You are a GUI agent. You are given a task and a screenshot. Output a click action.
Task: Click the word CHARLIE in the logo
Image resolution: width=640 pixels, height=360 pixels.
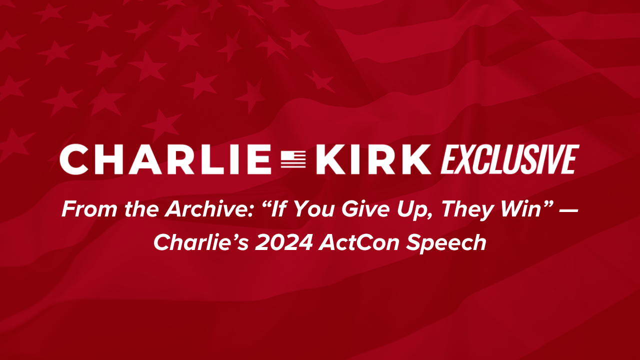165,159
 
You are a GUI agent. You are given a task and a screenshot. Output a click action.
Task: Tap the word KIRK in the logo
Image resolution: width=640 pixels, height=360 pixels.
373,159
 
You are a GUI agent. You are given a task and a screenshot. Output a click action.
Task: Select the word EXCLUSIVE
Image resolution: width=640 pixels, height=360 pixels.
509,159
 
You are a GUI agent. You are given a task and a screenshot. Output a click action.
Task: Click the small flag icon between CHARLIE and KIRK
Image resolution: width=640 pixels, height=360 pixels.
293,159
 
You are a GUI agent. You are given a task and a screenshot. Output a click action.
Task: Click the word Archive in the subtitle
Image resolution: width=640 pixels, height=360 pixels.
209,209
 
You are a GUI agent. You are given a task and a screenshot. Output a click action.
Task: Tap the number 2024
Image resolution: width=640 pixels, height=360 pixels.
283,242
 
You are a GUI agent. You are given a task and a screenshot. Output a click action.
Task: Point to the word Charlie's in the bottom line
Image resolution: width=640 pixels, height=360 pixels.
201,242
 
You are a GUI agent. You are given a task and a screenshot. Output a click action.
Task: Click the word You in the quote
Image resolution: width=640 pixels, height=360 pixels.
314,209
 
